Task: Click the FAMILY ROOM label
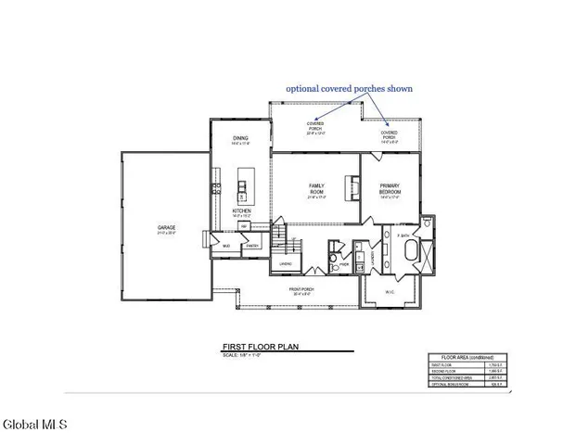[x=316, y=189]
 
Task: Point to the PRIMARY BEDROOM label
[x=390, y=189]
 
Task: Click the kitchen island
[x=245, y=185]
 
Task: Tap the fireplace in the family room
[x=352, y=188]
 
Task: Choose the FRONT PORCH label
[x=301, y=290]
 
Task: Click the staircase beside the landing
[x=286, y=247]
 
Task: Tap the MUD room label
[x=226, y=246]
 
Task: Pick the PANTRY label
[x=250, y=246]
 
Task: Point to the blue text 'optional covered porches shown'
[x=349, y=89]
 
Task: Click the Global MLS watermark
[x=35, y=426]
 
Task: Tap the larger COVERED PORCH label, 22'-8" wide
[x=317, y=127]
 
